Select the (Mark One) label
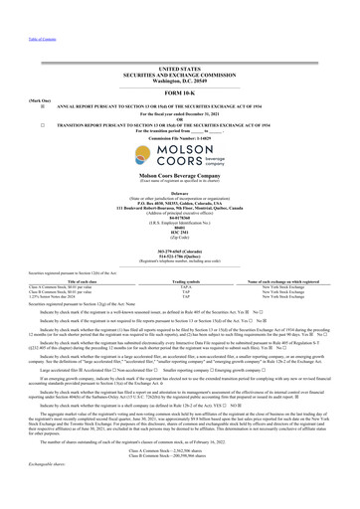pyautogui.click(x=16, y=73)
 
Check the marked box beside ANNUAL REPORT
pyautogui.click(x=14, y=80)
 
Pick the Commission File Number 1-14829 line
pyautogui.click(x=180, y=108)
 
